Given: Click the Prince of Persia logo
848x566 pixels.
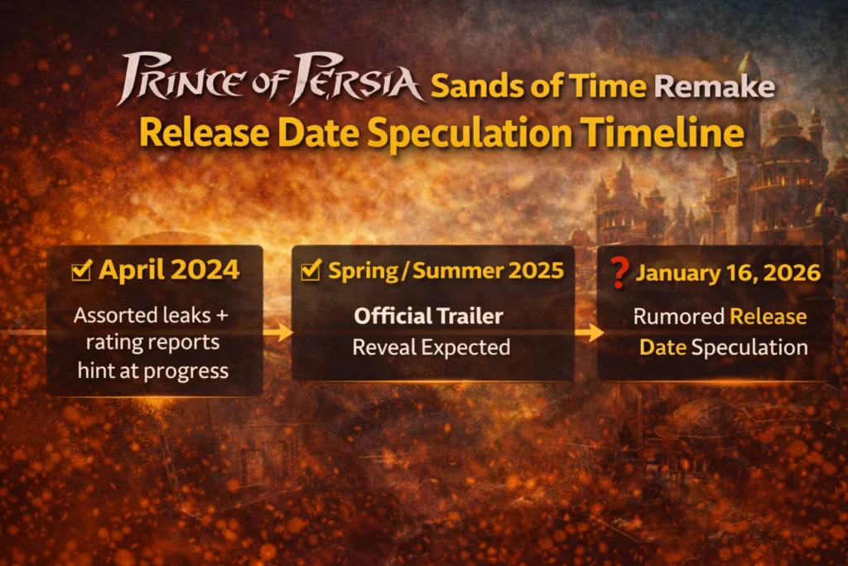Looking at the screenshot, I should [x=270, y=80].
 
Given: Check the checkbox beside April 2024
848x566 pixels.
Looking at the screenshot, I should [x=82, y=269].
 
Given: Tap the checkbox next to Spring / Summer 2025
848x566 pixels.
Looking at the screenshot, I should [x=312, y=269].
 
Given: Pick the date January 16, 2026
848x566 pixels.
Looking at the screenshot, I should [x=728, y=272].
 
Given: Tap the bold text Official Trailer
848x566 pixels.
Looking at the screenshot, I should [x=428, y=316].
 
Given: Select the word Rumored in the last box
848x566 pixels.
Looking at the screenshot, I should [x=678, y=317].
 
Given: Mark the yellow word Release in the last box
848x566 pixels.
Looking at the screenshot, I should [x=768, y=317].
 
